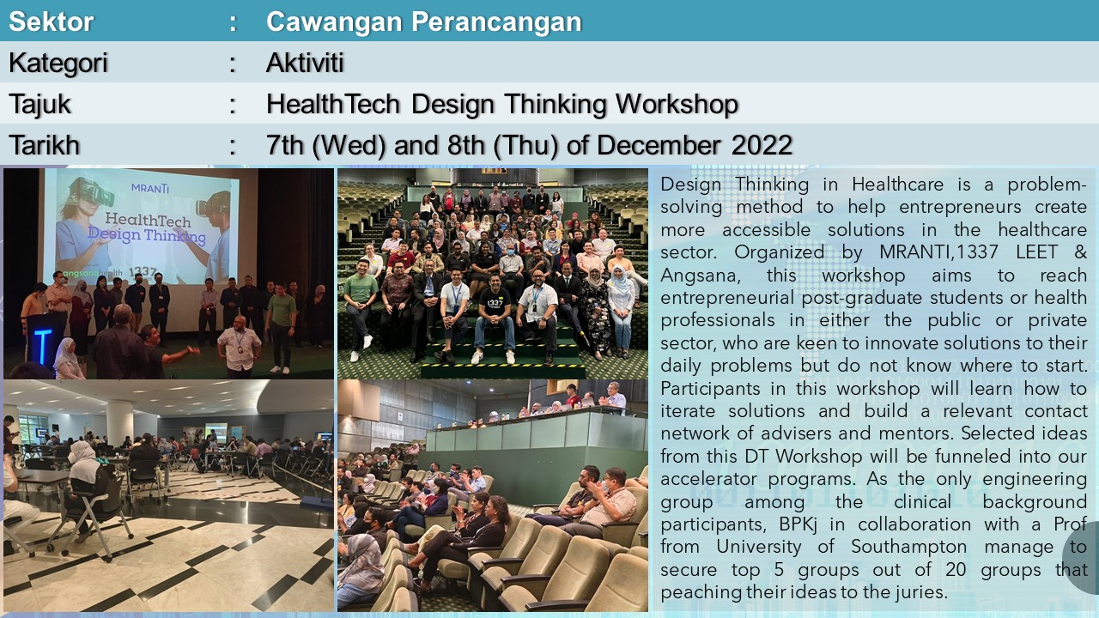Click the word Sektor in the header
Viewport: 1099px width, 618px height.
(51, 21)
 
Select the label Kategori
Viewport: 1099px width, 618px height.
(58, 64)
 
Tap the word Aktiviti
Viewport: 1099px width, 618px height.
(305, 63)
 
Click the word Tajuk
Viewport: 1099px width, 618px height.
(39, 105)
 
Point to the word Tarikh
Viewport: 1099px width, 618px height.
(44, 145)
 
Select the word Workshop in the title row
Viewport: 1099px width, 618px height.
(677, 105)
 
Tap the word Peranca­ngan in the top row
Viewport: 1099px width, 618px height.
(496, 22)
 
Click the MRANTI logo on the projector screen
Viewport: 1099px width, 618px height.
(150, 188)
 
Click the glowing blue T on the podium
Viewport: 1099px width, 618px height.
(43, 346)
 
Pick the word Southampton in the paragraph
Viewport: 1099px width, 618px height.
(909, 548)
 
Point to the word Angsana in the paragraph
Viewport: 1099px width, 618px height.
(700, 276)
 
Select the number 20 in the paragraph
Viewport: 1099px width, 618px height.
(956, 570)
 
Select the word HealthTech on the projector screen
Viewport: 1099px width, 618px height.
(148, 220)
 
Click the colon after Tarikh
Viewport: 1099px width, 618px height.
(233, 146)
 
